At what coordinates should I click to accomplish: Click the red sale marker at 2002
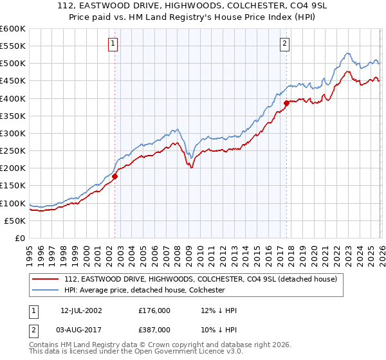[115, 176]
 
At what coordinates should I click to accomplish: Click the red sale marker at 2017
[286, 103]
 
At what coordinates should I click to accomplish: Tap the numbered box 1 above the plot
[113, 44]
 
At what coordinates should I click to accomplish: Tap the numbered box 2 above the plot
[284, 44]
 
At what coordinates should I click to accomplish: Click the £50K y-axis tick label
[15, 221]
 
